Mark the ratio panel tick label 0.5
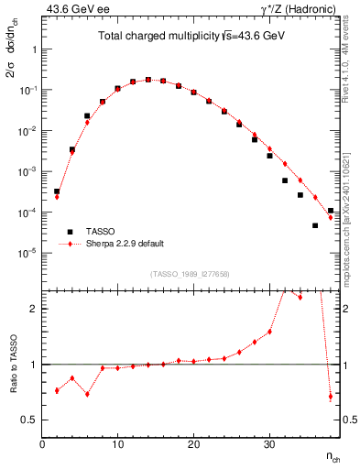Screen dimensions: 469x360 click(x=29, y=420)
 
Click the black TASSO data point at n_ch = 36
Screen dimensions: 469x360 click(x=315, y=225)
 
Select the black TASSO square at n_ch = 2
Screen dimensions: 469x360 click(x=57, y=191)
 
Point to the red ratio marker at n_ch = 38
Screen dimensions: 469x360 click(x=331, y=397)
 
